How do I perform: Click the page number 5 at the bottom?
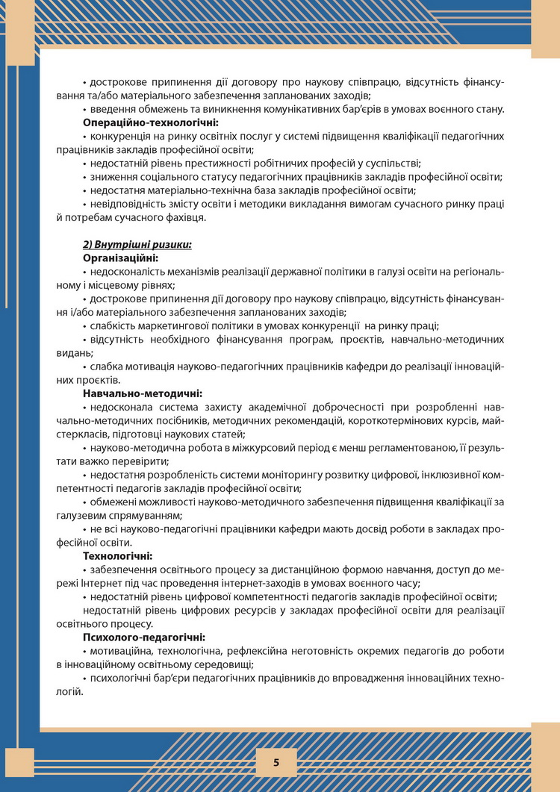[276, 762]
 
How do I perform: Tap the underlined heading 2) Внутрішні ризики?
[137, 244]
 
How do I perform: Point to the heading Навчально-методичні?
[142, 393]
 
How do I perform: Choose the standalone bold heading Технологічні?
[117, 555]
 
